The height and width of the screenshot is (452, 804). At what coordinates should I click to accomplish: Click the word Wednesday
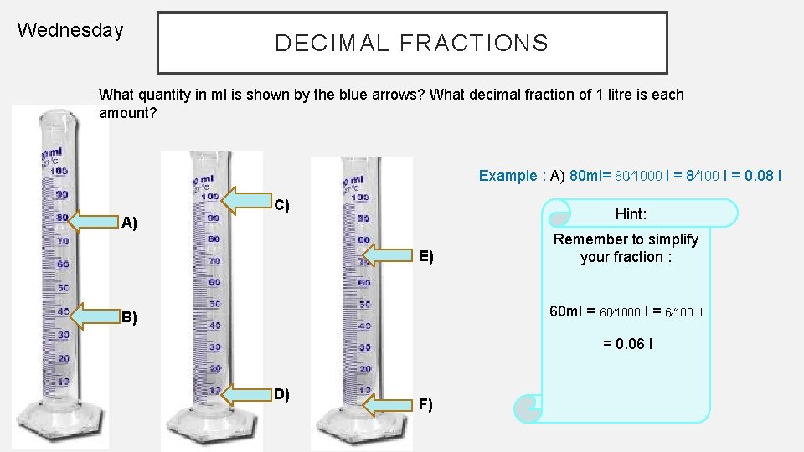pos(70,31)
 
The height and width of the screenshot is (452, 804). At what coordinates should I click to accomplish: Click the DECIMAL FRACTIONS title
pos(411,43)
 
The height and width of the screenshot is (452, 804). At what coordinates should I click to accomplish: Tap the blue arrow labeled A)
pos(95,220)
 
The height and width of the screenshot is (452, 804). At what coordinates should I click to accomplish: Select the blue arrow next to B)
pos(95,316)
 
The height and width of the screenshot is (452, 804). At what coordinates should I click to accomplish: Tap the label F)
pos(425,405)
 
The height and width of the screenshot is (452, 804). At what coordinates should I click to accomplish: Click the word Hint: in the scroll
pos(631,214)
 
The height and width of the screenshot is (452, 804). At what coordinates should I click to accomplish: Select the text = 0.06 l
pos(628,344)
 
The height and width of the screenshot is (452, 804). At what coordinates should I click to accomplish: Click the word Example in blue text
pos(508,176)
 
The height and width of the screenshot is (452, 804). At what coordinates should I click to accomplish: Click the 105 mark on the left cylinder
pos(59,172)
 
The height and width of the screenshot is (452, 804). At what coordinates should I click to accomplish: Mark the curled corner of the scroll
pos(527,408)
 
